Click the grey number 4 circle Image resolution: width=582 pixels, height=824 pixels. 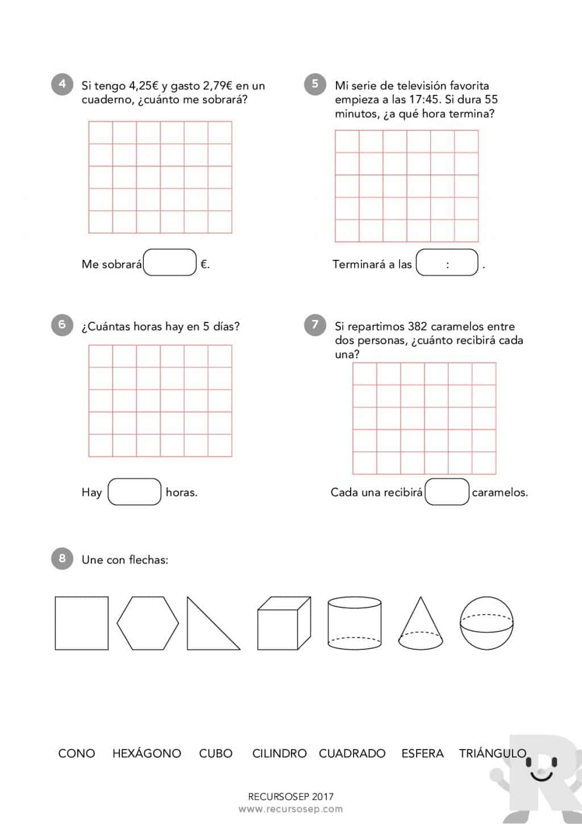(62, 84)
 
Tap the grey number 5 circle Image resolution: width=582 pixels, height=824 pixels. (315, 84)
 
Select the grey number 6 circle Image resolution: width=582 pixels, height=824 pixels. (62, 325)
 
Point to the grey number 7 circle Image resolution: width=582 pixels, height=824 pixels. (315, 325)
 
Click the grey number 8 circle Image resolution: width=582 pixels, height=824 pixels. (62, 558)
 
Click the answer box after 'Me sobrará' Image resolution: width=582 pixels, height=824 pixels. (170, 263)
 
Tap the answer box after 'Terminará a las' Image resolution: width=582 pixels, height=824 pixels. (447, 263)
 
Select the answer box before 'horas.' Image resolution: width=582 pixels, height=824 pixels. (135, 492)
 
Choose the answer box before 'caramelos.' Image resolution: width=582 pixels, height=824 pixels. (447, 492)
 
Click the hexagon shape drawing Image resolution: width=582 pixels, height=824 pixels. (148, 623)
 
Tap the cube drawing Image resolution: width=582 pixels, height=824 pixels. (284, 623)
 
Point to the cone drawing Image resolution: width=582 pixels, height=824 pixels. (421, 626)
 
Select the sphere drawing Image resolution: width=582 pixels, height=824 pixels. (487, 623)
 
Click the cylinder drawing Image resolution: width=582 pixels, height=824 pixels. (355, 623)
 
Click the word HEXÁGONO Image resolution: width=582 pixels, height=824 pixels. (147, 753)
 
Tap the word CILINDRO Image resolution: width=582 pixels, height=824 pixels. (280, 753)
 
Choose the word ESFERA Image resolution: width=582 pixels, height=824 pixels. (422, 753)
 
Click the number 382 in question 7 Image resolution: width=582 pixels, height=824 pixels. (417, 327)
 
